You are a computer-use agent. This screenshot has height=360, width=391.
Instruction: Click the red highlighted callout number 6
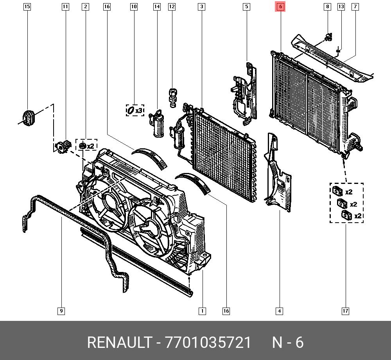click(x=280, y=7)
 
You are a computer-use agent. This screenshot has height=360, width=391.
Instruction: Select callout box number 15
click(x=27, y=7)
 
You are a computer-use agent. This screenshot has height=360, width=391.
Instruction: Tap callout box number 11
click(x=65, y=7)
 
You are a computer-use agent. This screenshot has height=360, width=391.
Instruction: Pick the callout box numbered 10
click(x=134, y=7)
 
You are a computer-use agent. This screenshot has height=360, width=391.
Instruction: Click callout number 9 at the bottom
click(x=61, y=311)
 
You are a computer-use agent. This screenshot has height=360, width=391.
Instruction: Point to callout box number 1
click(x=202, y=311)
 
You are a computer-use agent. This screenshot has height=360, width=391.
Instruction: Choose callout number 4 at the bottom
click(x=279, y=311)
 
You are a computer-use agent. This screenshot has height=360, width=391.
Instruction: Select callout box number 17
click(x=345, y=311)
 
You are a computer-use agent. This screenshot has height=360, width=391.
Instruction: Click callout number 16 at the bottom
click(x=226, y=311)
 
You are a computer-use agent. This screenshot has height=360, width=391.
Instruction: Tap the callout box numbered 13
click(x=341, y=7)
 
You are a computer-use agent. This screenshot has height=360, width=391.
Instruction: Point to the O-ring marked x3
click(x=131, y=111)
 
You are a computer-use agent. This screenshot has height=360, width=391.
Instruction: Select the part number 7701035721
click(x=208, y=343)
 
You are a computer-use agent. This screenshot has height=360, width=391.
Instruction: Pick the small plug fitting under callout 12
click(x=172, y=97)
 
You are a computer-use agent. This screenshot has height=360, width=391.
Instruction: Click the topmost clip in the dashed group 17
click(x=337, y=191)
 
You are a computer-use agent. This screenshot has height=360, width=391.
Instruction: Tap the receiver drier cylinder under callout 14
click(x=158, y=124)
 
